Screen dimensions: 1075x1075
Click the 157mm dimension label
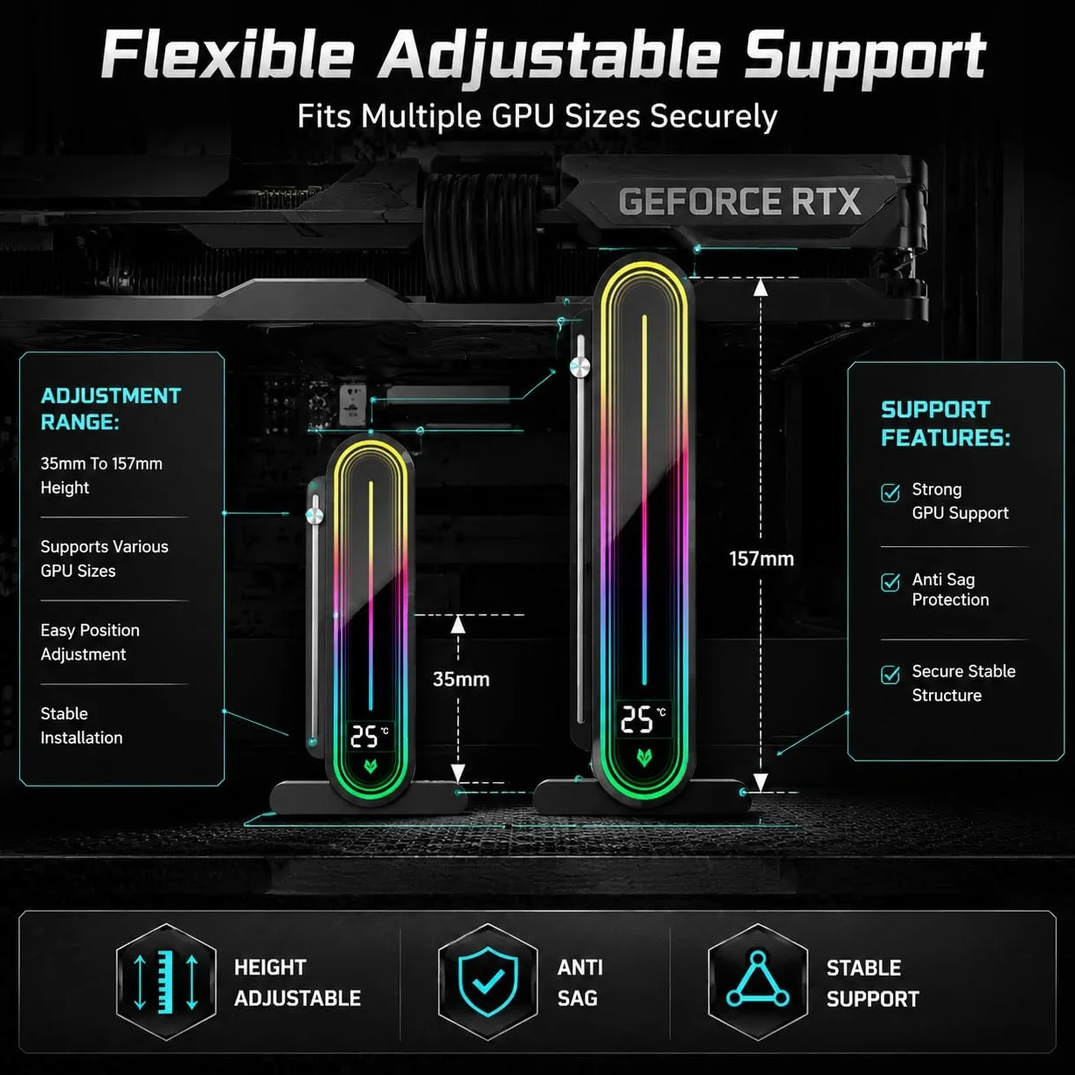[x=761, y=558]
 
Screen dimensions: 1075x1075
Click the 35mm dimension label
[x=461, y=679]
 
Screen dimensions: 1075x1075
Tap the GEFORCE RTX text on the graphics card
[x=739, y=201]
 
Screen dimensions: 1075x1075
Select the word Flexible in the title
[x=226, y=55]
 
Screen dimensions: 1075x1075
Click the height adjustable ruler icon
[x=166, y=981]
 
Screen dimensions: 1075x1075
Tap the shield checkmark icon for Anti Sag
[x=488, y=981]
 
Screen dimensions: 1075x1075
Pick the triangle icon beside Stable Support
[x=758, y=980]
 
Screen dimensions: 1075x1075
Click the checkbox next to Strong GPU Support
[x=890, y=493]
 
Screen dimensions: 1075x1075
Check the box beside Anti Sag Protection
[x=890, y=582]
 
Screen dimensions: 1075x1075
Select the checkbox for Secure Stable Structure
[x=890, y=674]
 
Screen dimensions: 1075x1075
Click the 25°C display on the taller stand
[x=643, y=719]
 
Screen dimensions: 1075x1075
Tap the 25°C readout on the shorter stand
[x=370, y=737]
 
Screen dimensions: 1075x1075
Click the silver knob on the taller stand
[x=579, y=367]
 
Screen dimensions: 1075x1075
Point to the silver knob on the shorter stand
[x=315, y=515]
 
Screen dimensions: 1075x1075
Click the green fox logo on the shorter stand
[x=370, y=766]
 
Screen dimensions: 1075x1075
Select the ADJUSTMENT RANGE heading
[x=110, y=409]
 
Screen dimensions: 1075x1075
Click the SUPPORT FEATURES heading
[x=946, y=424]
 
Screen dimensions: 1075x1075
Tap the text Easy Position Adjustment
[x=90, y=642]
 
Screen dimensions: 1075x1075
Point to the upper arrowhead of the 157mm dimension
[x=760, y=286]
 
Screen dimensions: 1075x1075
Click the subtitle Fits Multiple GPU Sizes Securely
[x=537, y=116]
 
